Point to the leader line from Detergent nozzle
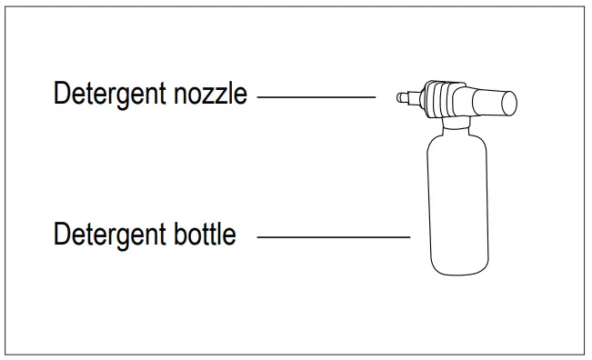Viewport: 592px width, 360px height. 316,95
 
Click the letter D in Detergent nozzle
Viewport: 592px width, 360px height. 61,94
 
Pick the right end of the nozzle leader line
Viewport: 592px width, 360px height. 374,95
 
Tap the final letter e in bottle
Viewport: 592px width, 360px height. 230,236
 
